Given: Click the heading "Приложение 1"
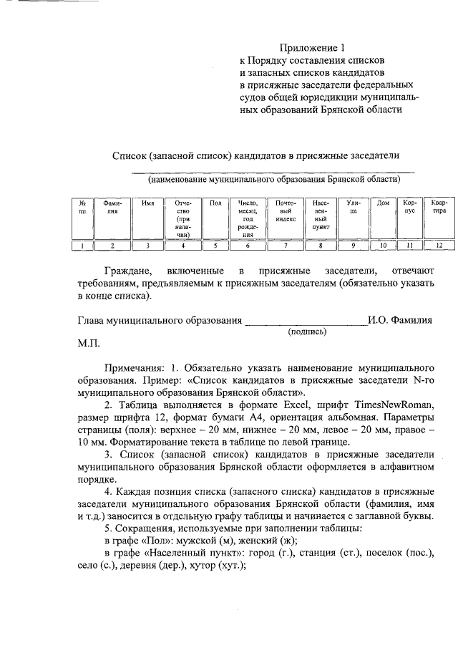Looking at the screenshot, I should [x=312, y=48].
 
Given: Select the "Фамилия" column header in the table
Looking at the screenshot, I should [x=112, y=207].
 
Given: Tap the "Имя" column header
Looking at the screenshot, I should [x=148, y=203].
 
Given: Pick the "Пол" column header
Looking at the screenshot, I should [x=215, y=203].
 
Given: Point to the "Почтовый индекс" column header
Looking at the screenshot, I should [x=286, y=211].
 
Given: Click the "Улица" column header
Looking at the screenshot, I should [x=353, y=207].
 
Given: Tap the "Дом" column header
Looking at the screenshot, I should [x=383, y=203].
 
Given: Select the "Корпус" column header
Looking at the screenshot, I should [x=409, y=207].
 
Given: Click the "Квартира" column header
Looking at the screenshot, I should [x=439, y=207].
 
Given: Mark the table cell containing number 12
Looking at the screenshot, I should [x=439, y=246].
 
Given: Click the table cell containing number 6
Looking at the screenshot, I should [x=248, y=246].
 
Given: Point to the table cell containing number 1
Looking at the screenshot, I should [x=83, y=246].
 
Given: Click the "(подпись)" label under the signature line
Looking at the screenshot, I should [x=307, y=332].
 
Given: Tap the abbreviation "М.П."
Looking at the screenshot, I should [x=90, y=343].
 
